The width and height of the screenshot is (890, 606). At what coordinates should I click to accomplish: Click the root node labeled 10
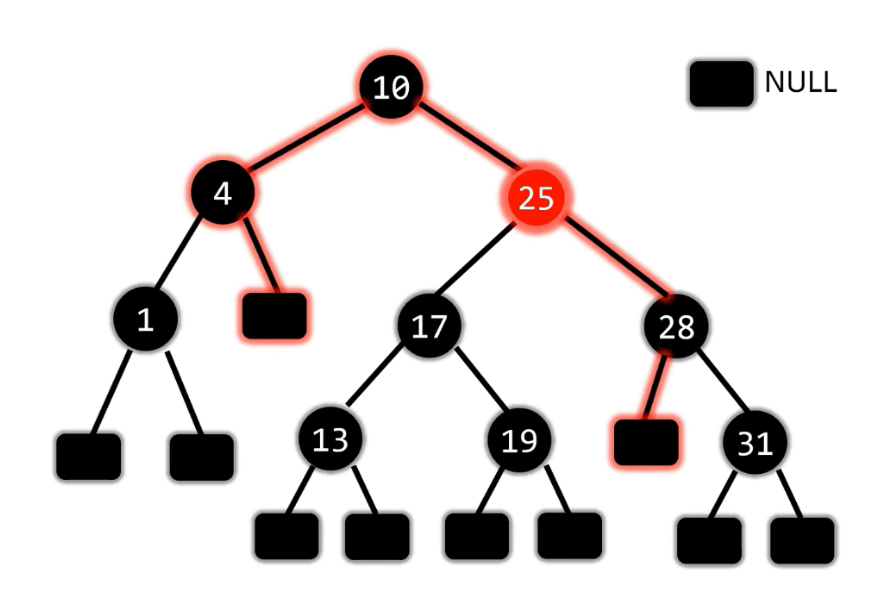tap(391, 87)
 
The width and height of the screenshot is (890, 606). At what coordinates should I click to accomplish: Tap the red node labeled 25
tap(536, 198)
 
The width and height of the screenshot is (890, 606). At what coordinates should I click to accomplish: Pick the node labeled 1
tap(145, 319)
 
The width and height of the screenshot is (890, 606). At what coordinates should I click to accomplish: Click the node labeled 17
tap(429, 326)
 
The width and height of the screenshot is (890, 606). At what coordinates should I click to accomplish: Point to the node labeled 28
tap(676, 326)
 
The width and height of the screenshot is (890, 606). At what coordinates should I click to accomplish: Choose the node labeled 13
tap(330, 440)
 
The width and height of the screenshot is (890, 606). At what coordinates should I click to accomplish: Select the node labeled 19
tap(519, 440)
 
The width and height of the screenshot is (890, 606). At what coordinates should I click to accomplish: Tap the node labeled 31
tap(754, 442)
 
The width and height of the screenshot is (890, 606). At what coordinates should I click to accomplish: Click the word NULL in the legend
tap(800, 82)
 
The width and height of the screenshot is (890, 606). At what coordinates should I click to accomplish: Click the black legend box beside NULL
tap(721, 84)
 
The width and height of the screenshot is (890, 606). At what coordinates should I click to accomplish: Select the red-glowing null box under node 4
tap(274, 316)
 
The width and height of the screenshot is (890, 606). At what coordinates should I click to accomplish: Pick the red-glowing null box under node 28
tap(645, 442)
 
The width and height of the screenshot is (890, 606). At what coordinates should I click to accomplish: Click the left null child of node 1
tap(88, 456)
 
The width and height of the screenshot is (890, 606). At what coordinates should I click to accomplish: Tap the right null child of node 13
tap(377, 536)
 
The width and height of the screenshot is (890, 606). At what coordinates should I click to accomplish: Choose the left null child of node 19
tap(476, 536)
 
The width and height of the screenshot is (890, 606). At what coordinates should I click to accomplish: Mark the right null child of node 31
tap(802, 540)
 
